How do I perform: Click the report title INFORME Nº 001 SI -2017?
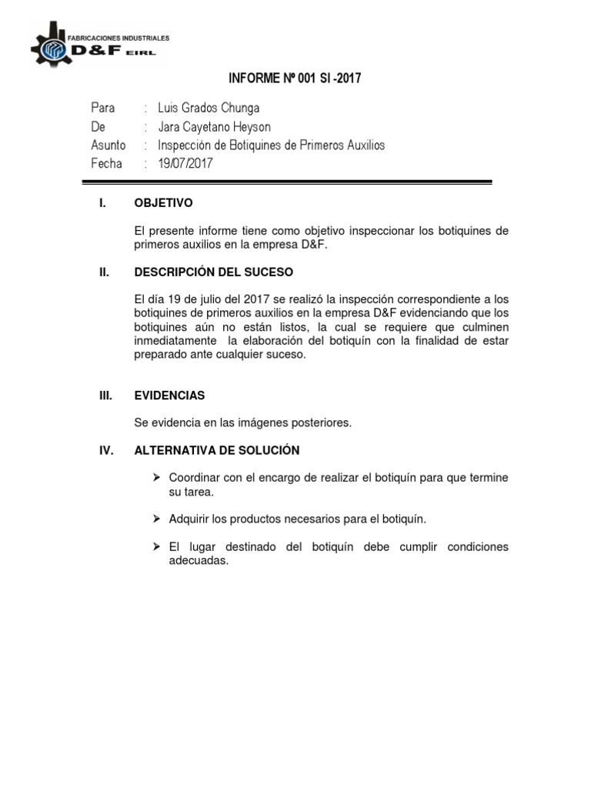(x=295, y=78)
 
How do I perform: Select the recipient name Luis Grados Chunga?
(x=209, y=108)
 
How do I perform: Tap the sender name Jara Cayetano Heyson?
(x=214, y=126)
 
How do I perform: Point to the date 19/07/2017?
(x=185, y=163)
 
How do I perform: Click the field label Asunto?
(x=109, y=145)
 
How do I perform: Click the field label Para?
(x=103, y=108)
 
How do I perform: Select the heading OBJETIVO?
(x=163, y=204)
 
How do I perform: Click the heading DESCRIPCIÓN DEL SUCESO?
(x=213, y=272)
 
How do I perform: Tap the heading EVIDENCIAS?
(x=169, y=396)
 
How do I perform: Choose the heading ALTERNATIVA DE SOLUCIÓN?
(x=217, y=450)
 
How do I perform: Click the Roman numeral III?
(x=106, y=396)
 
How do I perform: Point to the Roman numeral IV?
(x=106, y=450)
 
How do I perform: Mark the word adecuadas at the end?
(x=199, y=561)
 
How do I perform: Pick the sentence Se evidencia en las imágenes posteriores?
(x=242, y=422)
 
